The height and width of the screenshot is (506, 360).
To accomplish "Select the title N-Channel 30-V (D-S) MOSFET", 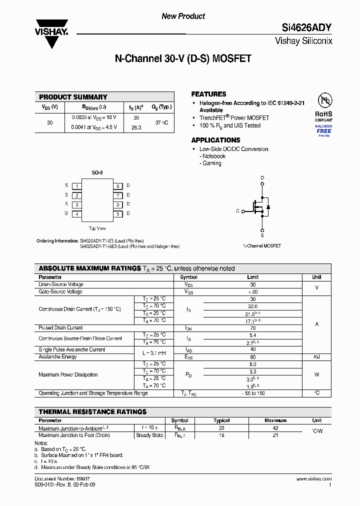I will click(x=183, y=59).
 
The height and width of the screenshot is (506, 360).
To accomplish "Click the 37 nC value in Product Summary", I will click(x=161, y=122).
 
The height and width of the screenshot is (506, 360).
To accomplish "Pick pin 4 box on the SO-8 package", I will click(x=77, y=214).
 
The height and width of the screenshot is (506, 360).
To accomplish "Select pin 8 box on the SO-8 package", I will click(x=118, y=186).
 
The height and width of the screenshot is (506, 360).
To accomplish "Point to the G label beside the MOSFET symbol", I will click(x=237, y=211).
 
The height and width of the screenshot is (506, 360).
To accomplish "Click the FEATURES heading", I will click(x=208, y=94).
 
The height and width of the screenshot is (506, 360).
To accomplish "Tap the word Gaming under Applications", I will click(x=212, y=163).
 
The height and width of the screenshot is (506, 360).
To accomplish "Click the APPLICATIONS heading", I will click(x=215, y=140).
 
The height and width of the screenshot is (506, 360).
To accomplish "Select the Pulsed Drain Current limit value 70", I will click(x=252, y=328).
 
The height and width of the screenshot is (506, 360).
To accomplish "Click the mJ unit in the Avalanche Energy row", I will click(x=316, y=357).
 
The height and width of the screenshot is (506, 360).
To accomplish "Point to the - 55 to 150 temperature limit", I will click(x=252, y=393).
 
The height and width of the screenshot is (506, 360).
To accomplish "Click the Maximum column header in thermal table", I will click(x=275, y=420).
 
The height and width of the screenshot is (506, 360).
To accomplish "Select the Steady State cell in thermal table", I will click(x=149, y=435).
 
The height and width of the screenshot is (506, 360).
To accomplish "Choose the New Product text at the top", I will click(x=183, y=16).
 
